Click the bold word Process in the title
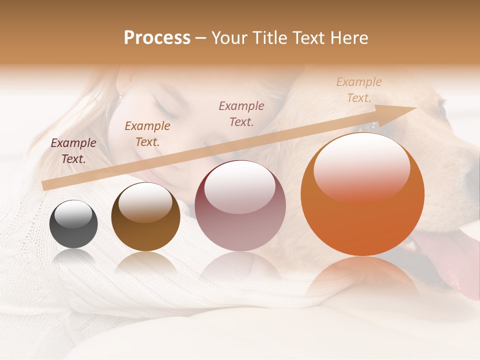157,38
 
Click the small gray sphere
73,224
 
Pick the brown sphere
145,216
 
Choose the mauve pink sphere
240,205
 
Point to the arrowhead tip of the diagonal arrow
415,108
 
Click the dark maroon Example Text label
73,151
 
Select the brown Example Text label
147,134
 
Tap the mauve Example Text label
241,113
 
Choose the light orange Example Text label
359,90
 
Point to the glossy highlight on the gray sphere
73,214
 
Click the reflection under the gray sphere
73,257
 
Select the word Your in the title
230,38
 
